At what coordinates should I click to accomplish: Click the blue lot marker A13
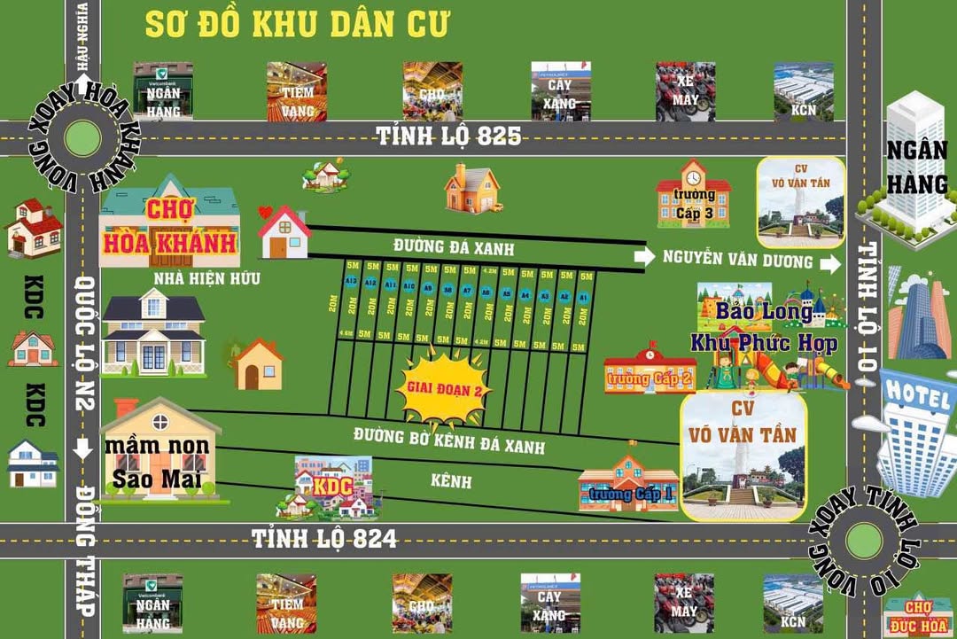point(351,282)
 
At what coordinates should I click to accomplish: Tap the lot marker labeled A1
point(583,298)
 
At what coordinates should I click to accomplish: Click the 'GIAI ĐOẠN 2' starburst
point(444,387)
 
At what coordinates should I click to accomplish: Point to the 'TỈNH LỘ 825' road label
point(448,136)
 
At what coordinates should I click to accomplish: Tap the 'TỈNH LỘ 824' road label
point(324,538)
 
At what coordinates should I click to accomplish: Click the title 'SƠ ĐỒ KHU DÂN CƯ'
point(298,24)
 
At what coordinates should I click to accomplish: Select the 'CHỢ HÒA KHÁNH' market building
point(168,227)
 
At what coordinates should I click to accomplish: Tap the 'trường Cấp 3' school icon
point(693,195)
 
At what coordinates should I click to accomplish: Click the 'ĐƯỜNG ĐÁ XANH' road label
point(453,247)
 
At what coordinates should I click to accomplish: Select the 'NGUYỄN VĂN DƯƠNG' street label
point(737,260)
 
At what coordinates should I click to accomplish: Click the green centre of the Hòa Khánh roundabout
point(82,137)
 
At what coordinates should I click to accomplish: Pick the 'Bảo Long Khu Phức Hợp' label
point(764,327)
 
